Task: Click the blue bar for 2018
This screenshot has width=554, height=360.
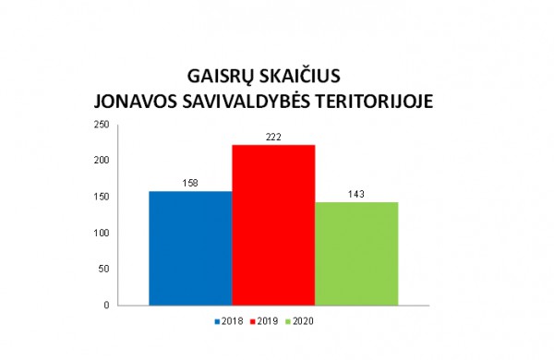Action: point(190,247)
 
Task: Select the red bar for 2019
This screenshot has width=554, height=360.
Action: point(273,224)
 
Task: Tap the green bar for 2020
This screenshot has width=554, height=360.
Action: point(356,253)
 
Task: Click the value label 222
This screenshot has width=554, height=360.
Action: point(273,138)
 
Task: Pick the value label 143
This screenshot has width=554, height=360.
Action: point(356,195)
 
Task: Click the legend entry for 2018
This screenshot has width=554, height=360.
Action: point(230,321)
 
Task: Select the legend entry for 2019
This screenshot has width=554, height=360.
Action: point(268,321)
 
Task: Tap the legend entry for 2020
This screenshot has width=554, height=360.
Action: point(306,321)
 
